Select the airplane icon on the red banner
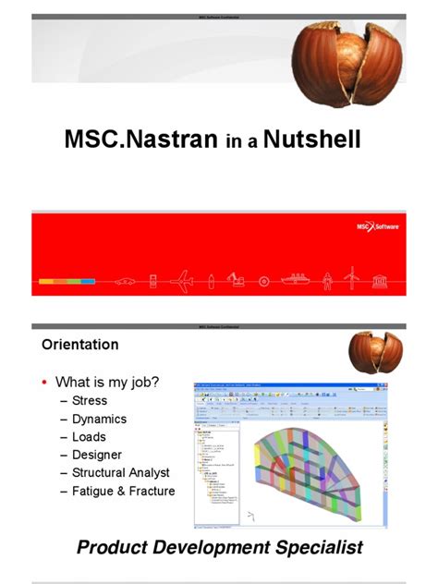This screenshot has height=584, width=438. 182,280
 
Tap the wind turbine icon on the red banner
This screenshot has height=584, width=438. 350,278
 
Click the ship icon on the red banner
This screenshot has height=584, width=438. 298,280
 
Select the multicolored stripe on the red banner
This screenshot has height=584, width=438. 67,281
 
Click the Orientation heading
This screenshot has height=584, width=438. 79,345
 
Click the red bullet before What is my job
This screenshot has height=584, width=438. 44,382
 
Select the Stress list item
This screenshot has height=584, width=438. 89,400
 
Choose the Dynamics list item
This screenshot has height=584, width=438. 99,419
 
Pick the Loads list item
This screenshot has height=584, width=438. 89,437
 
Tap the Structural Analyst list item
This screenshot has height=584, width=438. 120,473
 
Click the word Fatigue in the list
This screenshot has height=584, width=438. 97,492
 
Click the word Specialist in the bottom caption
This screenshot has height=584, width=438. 318,547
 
